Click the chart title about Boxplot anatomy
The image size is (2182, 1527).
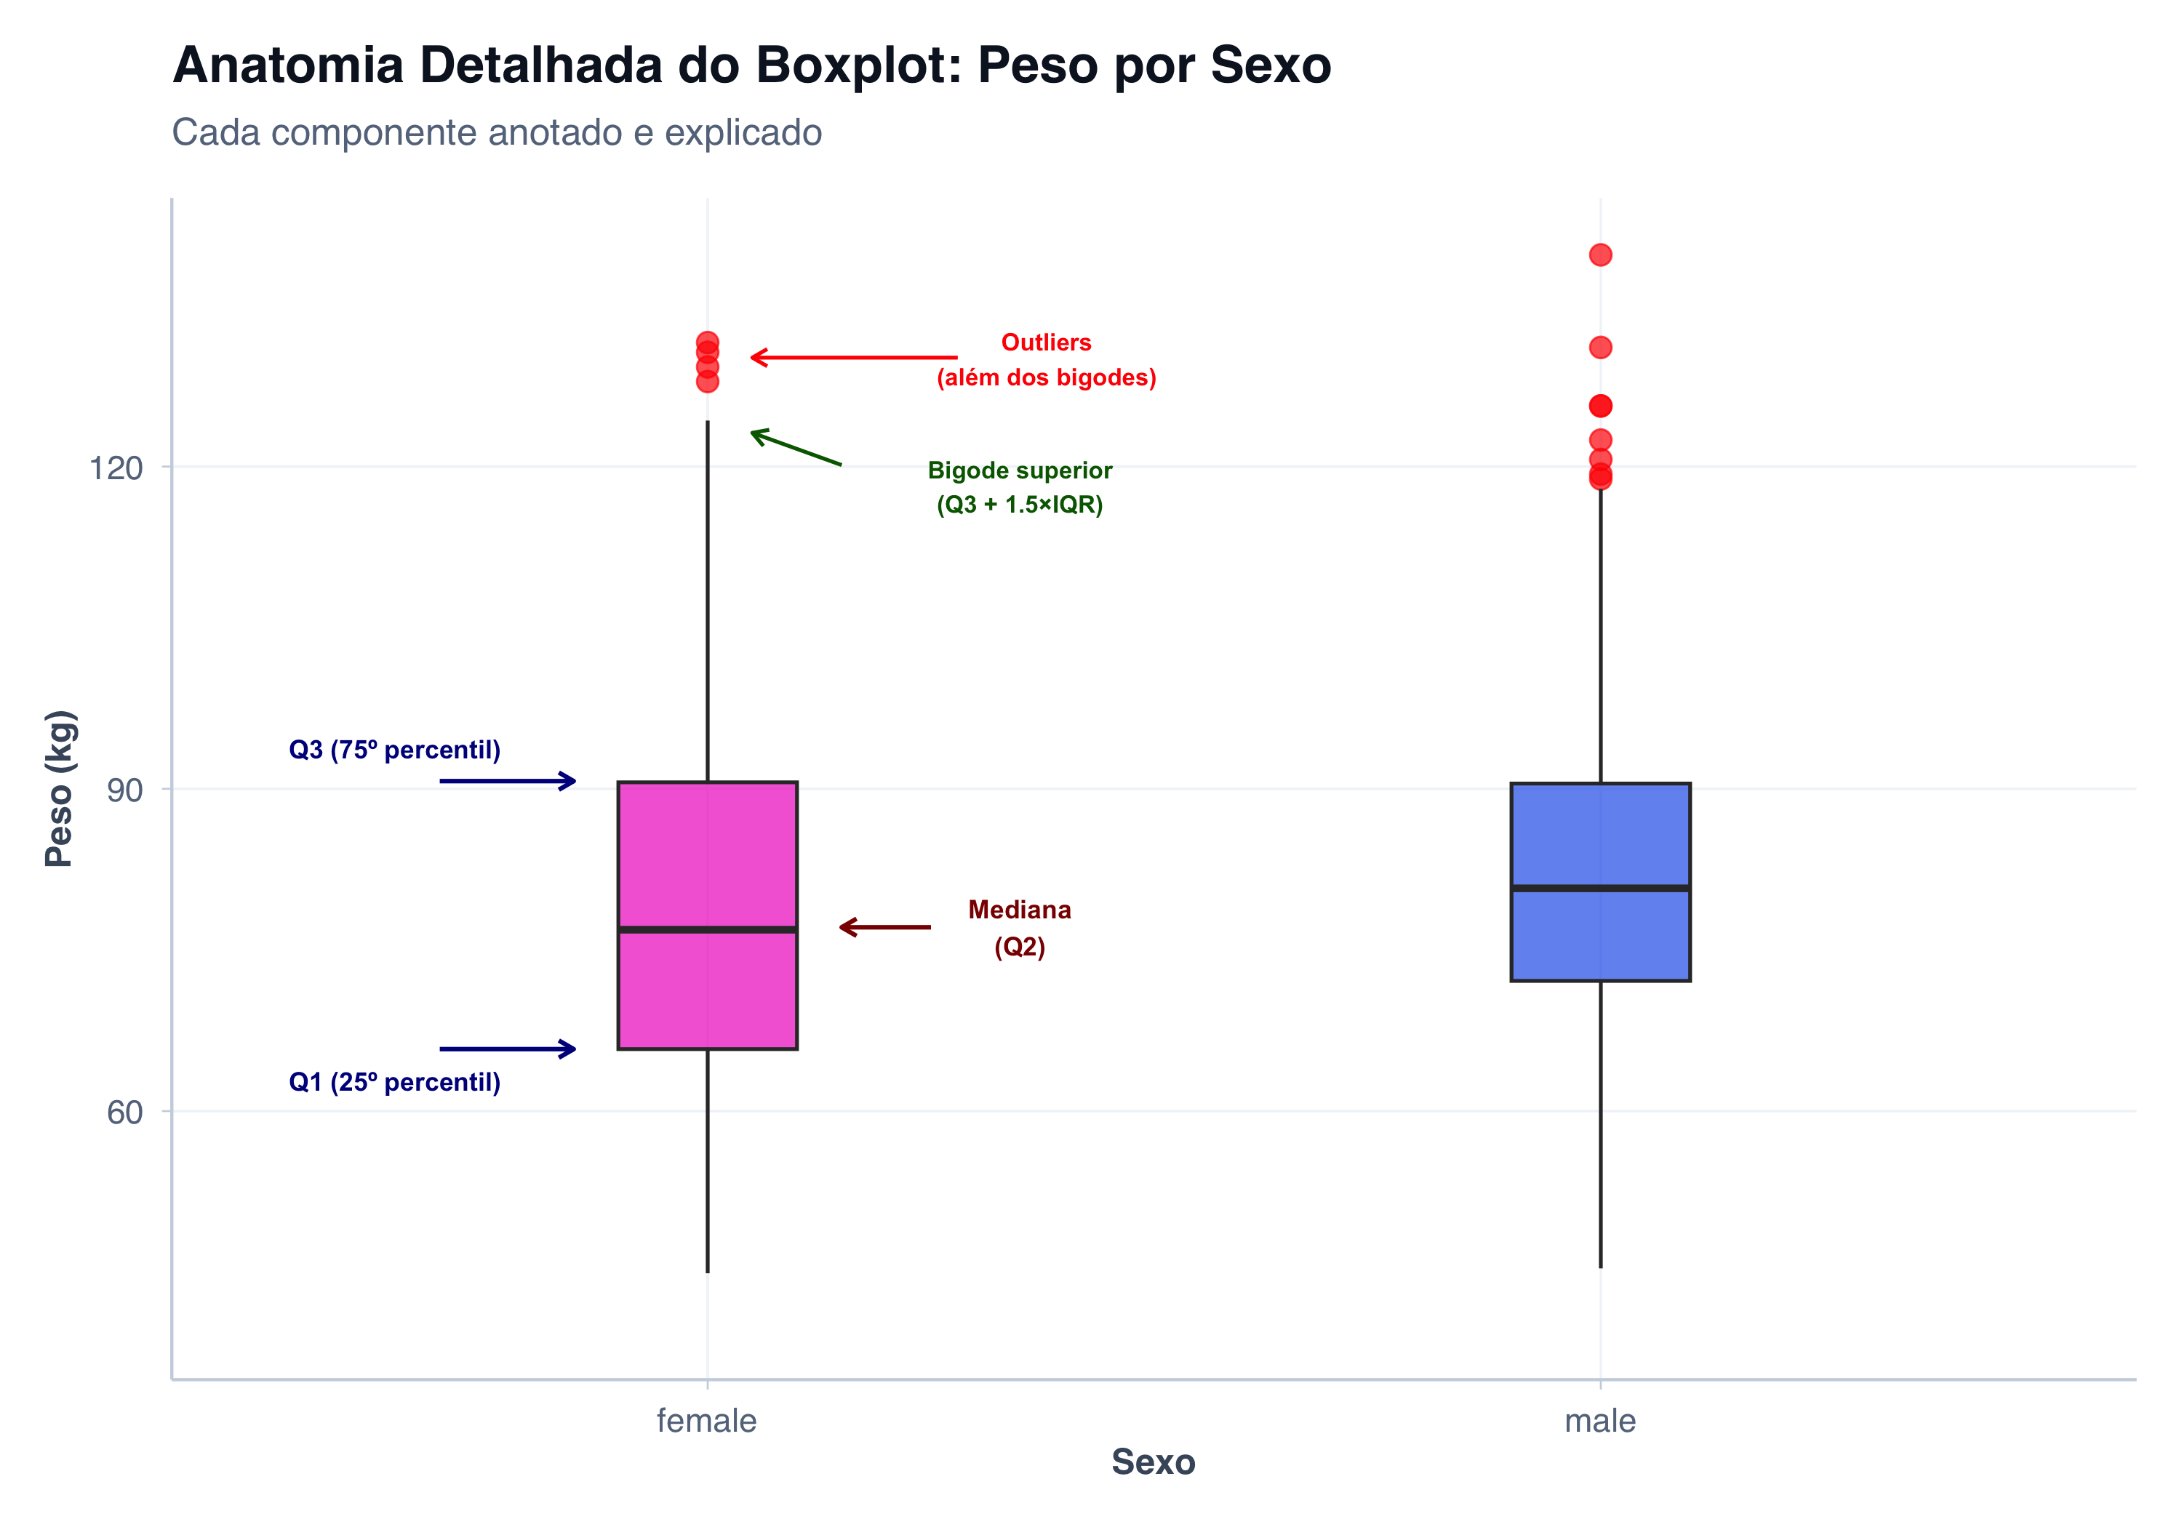point(751,65)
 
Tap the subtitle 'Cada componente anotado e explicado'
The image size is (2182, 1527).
point(496,132)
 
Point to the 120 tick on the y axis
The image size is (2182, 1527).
point(115,468)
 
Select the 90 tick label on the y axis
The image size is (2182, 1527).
point(124,790)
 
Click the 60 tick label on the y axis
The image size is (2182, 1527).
point(124,1112)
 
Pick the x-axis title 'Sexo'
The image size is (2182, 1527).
point(1153,1462)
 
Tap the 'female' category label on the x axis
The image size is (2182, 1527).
point(706,1421)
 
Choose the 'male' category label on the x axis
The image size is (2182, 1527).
point(1599,1421)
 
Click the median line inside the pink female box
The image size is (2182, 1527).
point(707,929)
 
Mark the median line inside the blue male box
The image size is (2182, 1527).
point(1600,888)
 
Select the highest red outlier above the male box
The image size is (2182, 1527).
point(1600,254)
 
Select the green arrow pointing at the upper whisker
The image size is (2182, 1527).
point(796,447)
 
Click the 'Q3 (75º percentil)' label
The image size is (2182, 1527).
point(394,750)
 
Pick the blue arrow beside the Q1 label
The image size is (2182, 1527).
point(508,1049)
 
